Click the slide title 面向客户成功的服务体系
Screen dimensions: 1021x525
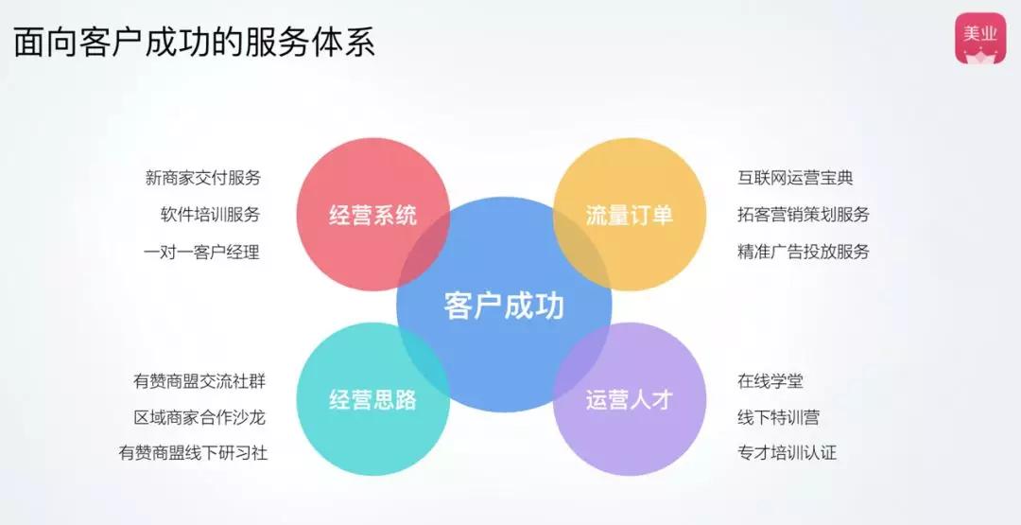tap(194, 44)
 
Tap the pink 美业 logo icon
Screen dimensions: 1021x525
tap(980, 39)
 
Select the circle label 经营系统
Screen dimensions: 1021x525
tap(372, 215)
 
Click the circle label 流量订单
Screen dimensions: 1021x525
tap(629, 215)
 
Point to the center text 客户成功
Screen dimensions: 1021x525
tap(504, 306)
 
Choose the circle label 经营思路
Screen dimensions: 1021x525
tap(372, 399)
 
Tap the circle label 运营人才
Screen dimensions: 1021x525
tap(629, 399)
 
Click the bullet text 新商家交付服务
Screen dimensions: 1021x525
tap(202, 178)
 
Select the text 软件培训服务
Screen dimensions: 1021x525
tap(210, 215)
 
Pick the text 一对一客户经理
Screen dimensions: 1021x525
tap(202, 252)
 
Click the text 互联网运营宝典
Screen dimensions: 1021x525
tap(795, 178)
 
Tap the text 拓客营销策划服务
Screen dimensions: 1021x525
tap(804, 215)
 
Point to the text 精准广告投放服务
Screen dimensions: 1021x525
tap(804, 252)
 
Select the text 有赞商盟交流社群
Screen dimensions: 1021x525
tap(199, 381)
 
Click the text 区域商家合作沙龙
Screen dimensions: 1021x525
tap(199, 417)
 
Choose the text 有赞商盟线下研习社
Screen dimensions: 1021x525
tap(193, 453)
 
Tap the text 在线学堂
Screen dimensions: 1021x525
tap(770, 381)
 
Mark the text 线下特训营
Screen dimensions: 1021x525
tap(779, 417)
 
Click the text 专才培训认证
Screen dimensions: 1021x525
tap(787, 453)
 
